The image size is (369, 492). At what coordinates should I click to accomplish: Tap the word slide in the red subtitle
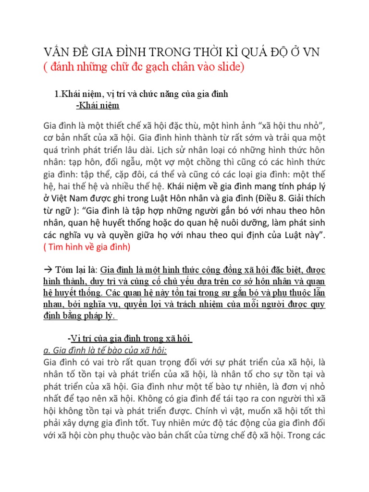230,68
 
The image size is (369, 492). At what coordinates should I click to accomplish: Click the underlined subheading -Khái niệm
98,106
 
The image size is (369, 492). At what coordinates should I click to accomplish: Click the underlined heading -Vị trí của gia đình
130,339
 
